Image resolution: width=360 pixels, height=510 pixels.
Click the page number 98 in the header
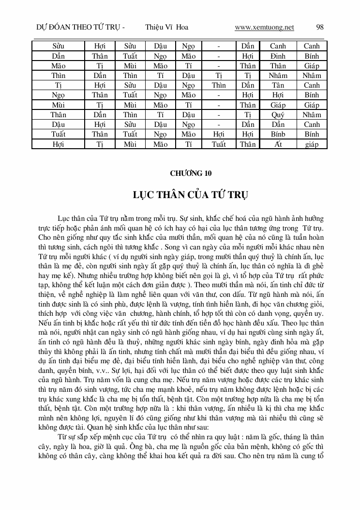coord(319,27)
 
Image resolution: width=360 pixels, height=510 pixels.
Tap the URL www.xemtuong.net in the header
coord(264,27)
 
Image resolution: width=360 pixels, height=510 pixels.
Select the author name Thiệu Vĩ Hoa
coord(166,27)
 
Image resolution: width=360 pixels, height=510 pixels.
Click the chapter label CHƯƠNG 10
coord(191,173)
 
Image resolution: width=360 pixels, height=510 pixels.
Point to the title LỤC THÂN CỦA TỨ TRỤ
coord(191,195)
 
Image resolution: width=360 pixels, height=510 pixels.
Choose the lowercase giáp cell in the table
coord(312,144)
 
